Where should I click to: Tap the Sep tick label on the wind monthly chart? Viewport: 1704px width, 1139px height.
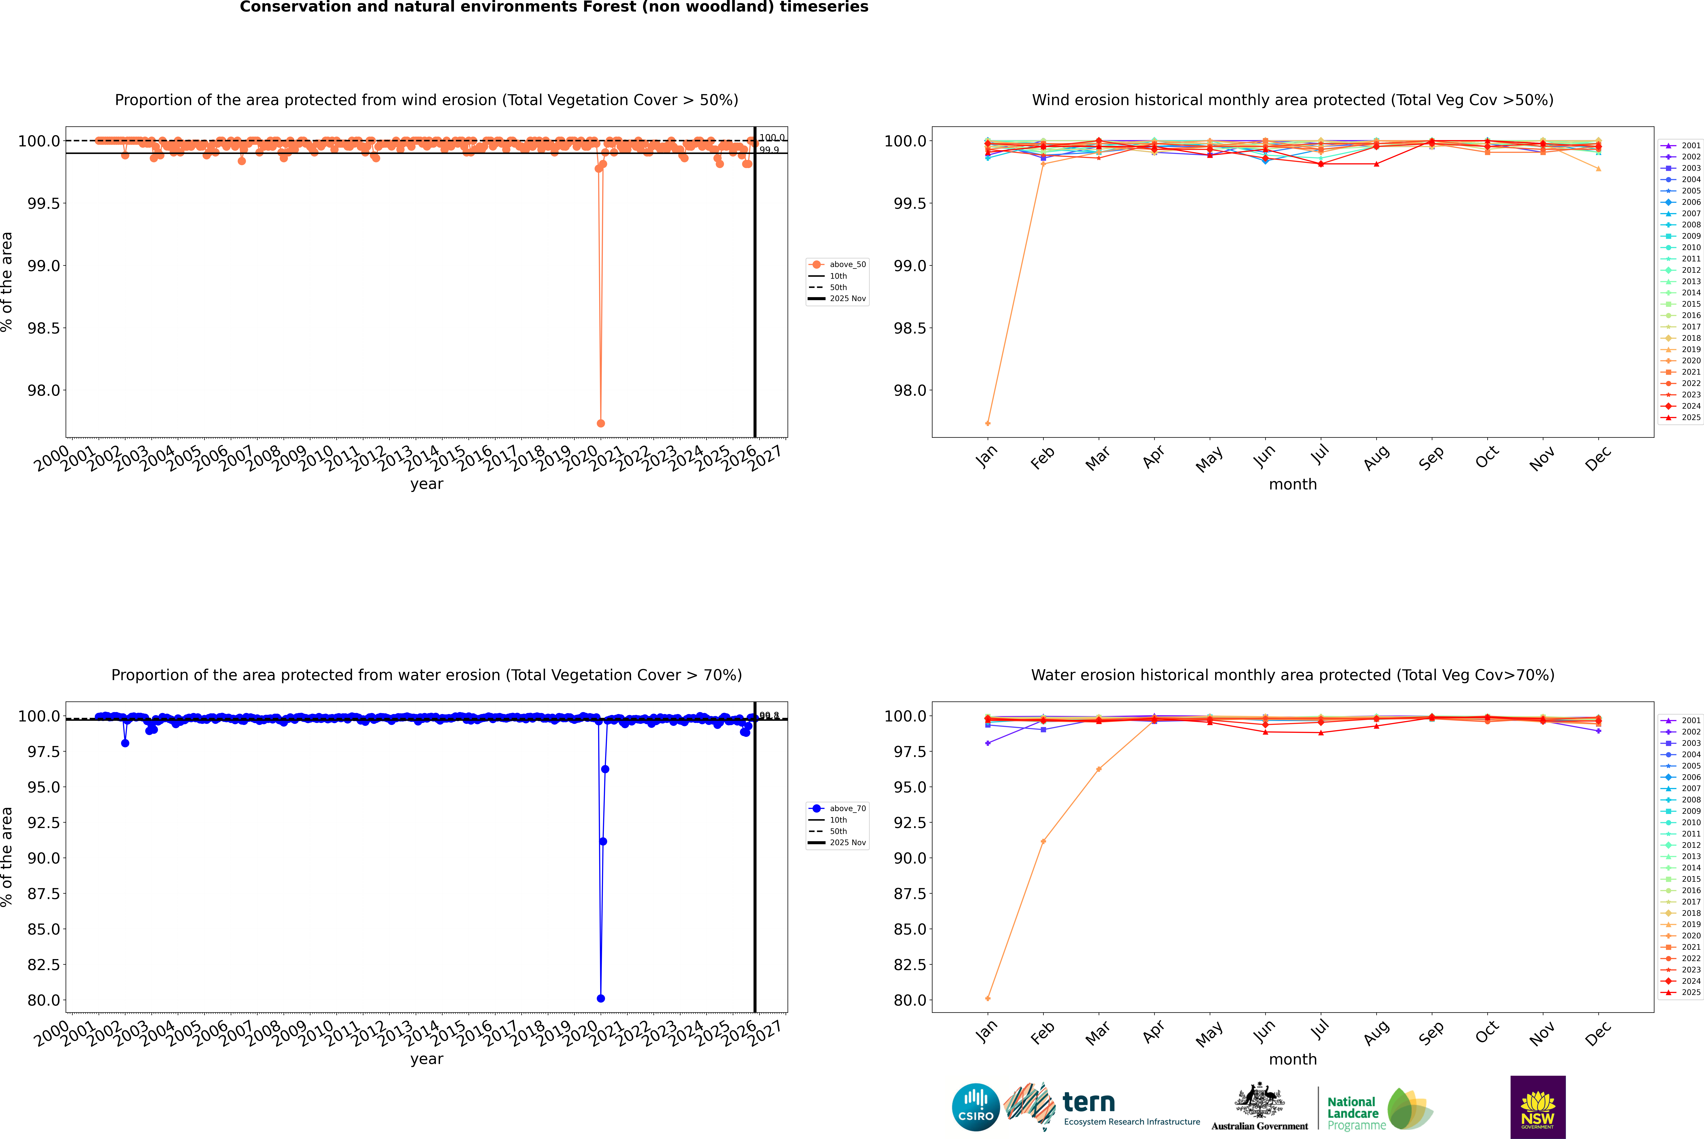(1431, 458)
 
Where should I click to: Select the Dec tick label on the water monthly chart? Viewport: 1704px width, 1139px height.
(1598, 1033)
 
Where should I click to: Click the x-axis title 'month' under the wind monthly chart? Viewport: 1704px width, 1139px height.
(1293, 485)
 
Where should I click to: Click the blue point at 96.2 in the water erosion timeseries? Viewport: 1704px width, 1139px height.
(605, 769)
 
